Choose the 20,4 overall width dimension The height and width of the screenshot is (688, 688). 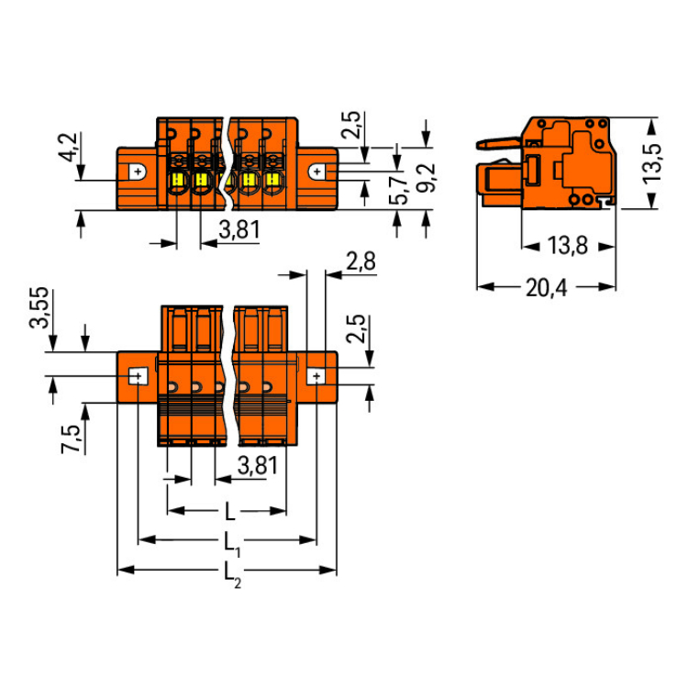click(546, 288)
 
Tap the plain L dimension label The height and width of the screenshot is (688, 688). click(228, 510)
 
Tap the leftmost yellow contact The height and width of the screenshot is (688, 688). click(179, 180)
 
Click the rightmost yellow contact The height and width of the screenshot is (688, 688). click(272, 180)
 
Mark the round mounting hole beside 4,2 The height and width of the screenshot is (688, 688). click(137, 172)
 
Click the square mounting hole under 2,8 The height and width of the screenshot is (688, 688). click(316, 376)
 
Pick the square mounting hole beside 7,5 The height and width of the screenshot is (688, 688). click(137, 376)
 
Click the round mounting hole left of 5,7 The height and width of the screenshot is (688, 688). click(317, 172)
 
